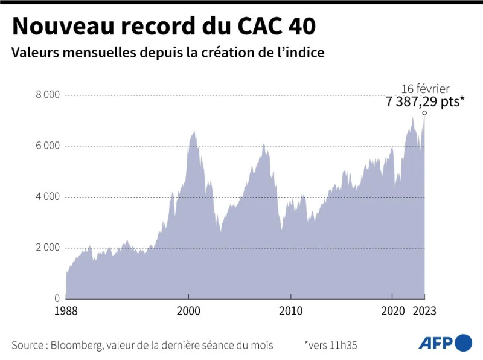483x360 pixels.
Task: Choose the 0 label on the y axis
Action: (56, 298)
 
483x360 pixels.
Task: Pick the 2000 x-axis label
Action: (188, 311)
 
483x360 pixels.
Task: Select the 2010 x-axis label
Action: (290, 311)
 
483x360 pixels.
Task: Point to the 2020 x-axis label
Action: (392, 311)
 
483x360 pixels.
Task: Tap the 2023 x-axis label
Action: (424, 311)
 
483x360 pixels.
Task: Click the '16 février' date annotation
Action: (425, 88)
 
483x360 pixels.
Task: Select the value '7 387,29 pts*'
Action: (425, 101)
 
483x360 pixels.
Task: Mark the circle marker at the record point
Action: (424, 113)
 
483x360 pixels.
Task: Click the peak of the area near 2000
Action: (194, 132)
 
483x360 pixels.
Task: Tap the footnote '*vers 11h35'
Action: (331, 345)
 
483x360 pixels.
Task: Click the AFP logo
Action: (445, 342)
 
